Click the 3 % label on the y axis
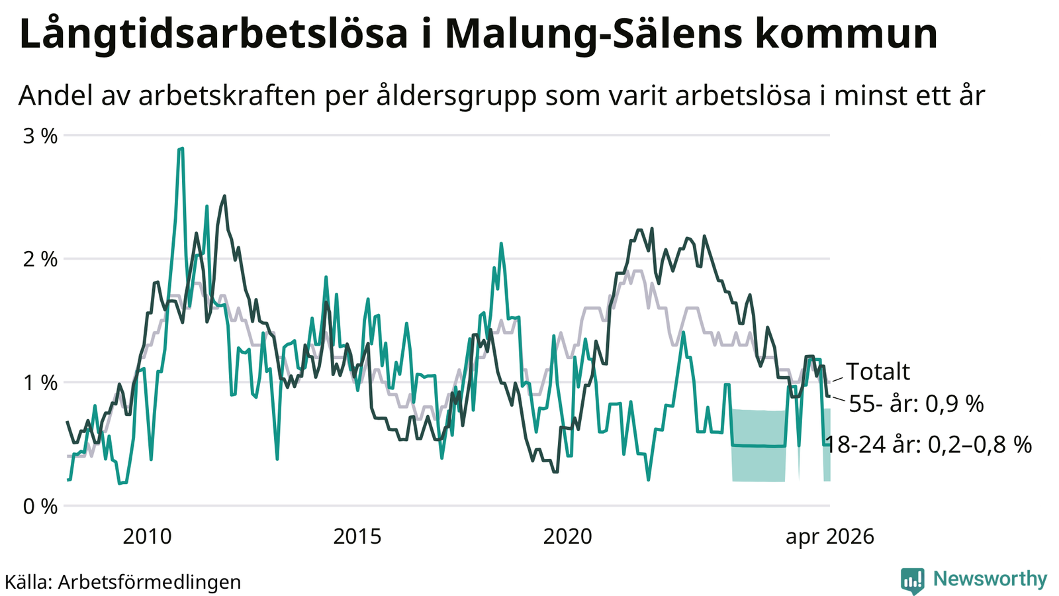[x=40, y=136]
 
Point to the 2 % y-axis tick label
[x=40, y=260]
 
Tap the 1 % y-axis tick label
[x=40, y=383]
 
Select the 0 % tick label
[x=40, y=507]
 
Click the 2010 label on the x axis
[x=147, y=537]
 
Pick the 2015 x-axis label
[x=357, y=537]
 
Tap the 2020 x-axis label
[x=567, y=537]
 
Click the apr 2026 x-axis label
[x=830, y=537]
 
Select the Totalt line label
[x=878, y=372]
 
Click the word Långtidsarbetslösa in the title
[x=213, y=34]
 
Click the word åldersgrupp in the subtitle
[x=457, y=96]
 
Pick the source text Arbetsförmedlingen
[x=150, y=582]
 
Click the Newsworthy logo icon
[x=913, y=580]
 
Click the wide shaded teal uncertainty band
[x=759, y=446]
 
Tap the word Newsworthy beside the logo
[x=990, y=579]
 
